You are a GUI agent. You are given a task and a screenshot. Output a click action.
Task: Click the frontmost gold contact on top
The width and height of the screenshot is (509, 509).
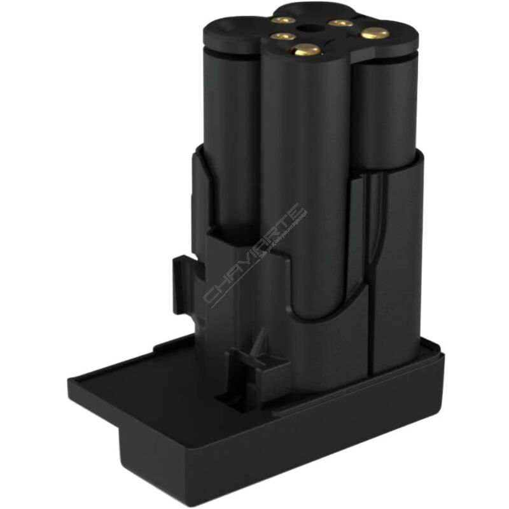(305, 49)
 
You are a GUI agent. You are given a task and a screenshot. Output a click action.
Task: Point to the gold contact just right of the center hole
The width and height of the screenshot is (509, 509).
(341, 23)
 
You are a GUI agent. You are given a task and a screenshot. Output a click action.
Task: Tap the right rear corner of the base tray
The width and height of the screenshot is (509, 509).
(439, 347)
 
